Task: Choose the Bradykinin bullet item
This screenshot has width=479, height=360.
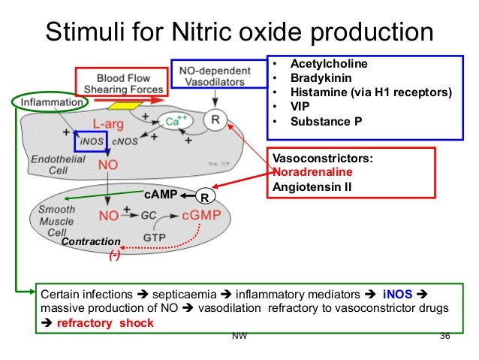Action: pos(323,78)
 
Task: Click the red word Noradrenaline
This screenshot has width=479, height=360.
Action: pos(309,172)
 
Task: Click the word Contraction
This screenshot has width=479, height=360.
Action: pos(91,242)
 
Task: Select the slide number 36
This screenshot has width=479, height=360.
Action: pos(444,335)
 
